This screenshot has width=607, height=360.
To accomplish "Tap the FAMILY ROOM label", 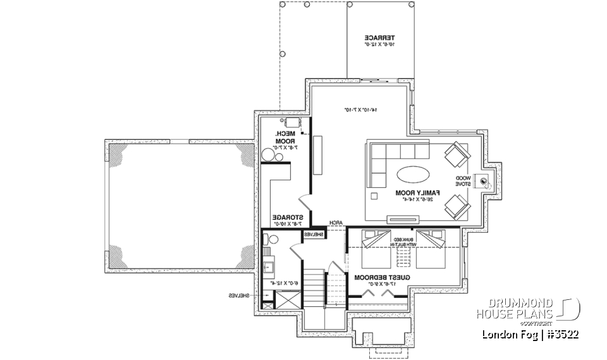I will (x=417, y=192).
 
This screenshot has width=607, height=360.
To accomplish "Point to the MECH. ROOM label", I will (x=282, y=137).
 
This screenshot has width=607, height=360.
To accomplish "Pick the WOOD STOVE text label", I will (x=465, y=182).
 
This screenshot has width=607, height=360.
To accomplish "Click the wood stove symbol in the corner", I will (x=484, y=182).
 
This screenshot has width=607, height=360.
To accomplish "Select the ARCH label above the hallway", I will (x=336, y=223).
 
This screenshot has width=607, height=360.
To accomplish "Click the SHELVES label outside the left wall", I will (x=241, y=295).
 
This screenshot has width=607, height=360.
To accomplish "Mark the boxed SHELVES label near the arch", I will (x=314, y=235).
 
